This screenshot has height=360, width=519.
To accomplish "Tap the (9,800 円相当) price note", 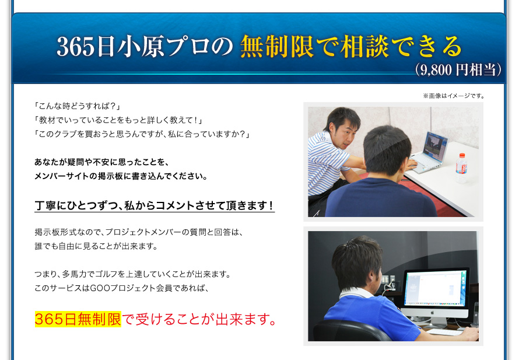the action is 458,69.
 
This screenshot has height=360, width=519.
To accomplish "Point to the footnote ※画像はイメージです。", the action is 454,96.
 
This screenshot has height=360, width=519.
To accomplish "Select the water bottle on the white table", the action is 461,167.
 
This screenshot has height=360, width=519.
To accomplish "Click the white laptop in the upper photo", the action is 427,152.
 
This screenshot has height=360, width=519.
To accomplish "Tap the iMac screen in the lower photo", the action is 436,288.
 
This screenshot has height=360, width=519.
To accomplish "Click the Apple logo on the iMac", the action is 432,312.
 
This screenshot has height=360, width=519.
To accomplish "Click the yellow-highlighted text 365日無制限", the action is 78,319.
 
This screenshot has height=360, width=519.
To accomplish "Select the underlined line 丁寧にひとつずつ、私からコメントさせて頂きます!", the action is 155,205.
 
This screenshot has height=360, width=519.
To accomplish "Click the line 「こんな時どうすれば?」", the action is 77,106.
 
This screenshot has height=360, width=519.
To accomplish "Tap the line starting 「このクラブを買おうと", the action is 142,134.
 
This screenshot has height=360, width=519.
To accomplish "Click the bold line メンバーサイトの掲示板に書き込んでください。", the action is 121,176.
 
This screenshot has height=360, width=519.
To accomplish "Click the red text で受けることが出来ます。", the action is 199,319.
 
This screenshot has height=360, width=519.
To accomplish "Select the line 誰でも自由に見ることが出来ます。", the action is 96,246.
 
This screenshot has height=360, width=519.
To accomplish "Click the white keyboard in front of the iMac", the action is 444,331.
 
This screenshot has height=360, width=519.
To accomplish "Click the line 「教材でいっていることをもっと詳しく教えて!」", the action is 118,120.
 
